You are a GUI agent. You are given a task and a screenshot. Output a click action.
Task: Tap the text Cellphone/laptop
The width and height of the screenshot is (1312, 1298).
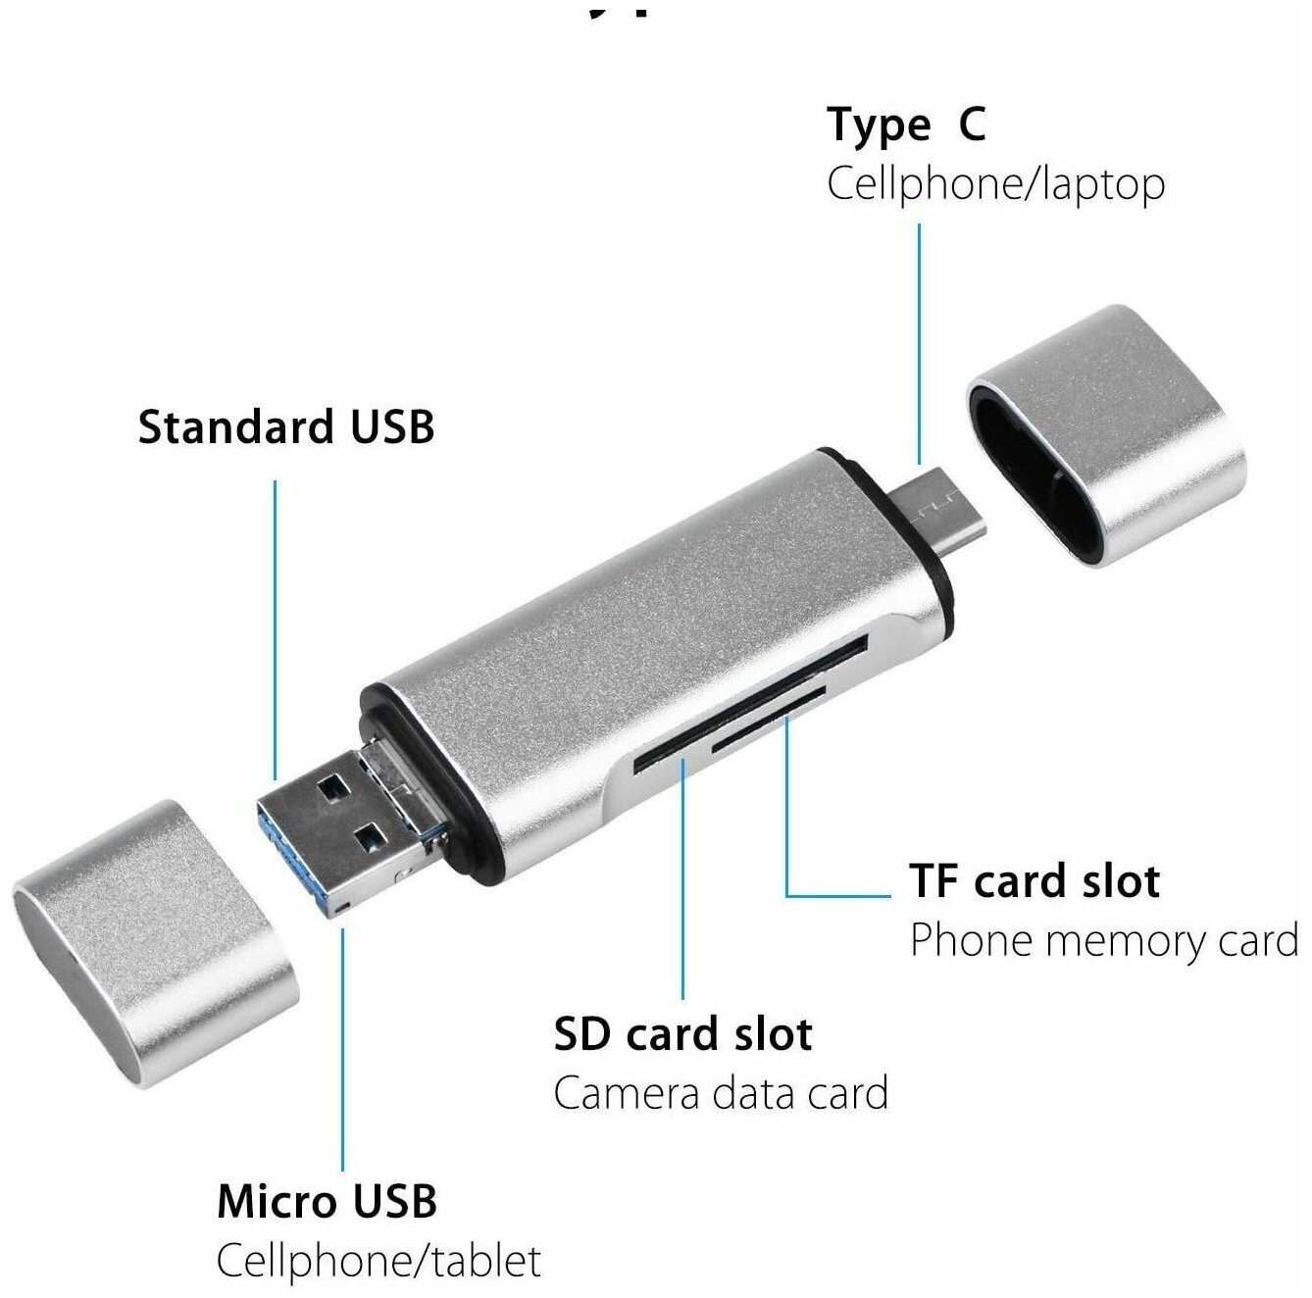pyautogui.click(x=995, y=184)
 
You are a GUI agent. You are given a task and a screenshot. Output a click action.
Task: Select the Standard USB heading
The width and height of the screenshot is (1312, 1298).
pyautogui.click(x=285, y=427)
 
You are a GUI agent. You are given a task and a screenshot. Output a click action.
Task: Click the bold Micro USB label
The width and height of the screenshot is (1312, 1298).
pyautogui.click(x=327, y=1201)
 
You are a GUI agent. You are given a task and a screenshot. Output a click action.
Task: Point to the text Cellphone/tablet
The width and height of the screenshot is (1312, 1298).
pyautogui.click(x=378, y=1260)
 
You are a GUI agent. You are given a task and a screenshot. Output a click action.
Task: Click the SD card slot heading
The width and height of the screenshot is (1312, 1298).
pyautogui.click(x=682, y=1034)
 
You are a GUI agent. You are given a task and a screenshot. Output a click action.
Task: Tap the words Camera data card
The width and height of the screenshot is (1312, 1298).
pyautogui.click(x=721, y=1093)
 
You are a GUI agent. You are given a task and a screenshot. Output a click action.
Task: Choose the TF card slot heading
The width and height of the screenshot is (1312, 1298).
pyautogui.click(x=1034, y=881)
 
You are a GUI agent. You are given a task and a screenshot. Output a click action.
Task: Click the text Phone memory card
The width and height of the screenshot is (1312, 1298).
pyautogui.click(x=1104, y=940)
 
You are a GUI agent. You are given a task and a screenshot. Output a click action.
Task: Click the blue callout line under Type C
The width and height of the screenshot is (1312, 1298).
pyautogui.click(x=919, y=343)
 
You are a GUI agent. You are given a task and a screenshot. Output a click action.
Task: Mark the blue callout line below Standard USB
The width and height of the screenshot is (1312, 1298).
pyautogui.click(x=275, y=627)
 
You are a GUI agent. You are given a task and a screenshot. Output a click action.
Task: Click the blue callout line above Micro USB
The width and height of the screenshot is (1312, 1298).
pyautogui.click(x=342, y=1049)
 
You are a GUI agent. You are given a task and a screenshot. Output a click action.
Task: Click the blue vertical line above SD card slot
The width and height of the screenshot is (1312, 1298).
pyautogui.click(x=682, y=882)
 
